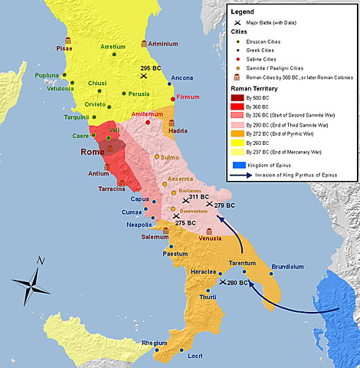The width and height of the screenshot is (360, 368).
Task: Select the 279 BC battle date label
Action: (x=224, y=205)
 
